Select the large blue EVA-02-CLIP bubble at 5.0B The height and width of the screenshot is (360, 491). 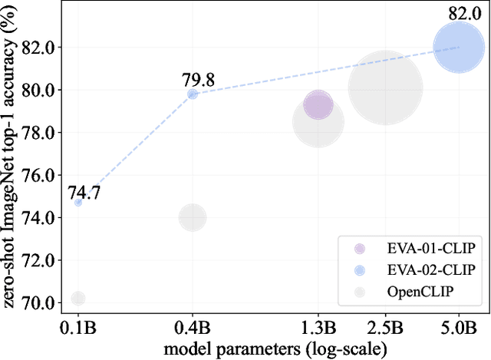point(459,48)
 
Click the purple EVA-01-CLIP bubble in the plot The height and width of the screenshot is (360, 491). point(318,105)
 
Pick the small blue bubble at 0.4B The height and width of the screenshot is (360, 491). point(193,94)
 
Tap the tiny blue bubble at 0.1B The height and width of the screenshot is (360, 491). point(77,202)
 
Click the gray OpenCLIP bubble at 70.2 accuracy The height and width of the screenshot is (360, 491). point(77,298)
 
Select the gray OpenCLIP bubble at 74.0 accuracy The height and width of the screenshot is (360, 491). point(193,217)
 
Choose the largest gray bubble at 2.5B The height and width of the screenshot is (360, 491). point(385,88)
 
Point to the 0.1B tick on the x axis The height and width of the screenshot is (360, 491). point(77,328)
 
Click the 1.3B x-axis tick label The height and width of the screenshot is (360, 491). point(318,328)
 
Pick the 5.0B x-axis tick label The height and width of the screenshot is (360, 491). point(459,328)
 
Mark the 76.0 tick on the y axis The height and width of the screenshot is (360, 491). point(39,175)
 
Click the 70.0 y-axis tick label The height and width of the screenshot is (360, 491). point(39,302)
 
